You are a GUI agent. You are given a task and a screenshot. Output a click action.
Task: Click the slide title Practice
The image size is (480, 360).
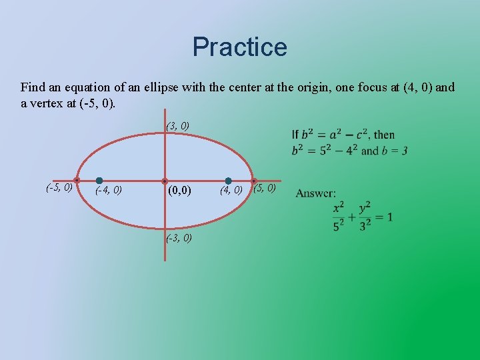[239, 47]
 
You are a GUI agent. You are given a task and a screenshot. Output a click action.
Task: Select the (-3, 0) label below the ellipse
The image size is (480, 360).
[179, 238]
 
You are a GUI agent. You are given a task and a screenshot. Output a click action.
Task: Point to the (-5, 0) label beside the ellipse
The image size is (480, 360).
[59, 187]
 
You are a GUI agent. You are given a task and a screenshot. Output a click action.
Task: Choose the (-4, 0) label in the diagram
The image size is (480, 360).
[108, 191]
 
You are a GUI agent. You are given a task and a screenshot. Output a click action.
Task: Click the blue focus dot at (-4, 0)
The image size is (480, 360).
[99, 181]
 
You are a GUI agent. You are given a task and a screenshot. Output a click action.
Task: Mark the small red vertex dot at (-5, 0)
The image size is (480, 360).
[77, 181]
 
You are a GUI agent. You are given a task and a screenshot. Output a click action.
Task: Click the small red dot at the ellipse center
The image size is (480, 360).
[165, 181]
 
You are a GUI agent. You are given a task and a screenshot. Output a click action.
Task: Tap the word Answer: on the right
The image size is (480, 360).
[316, 193]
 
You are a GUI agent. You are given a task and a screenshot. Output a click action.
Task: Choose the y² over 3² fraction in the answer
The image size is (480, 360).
[364, 217]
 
